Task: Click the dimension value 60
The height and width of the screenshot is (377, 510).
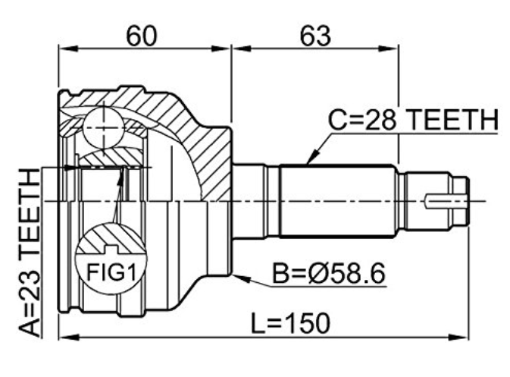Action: pos(142,36)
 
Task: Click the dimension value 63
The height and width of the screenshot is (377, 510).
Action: pos(314,36)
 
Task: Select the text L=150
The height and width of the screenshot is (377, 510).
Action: pos(290,324)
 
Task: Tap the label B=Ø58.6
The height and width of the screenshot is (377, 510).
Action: pos(329,274)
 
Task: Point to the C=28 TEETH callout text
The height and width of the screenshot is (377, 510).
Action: pos(413,120)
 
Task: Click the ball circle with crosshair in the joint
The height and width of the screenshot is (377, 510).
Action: pos(104,127)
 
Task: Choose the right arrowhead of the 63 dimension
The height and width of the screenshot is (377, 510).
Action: pos(389,49)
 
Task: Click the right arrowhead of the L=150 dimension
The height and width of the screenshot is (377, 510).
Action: pos(458,337)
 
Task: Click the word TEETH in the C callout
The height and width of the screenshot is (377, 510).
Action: pos(452,120)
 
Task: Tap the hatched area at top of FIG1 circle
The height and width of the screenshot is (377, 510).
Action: pos(111,239)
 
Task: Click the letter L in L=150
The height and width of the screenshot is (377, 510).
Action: pos(258,324)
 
